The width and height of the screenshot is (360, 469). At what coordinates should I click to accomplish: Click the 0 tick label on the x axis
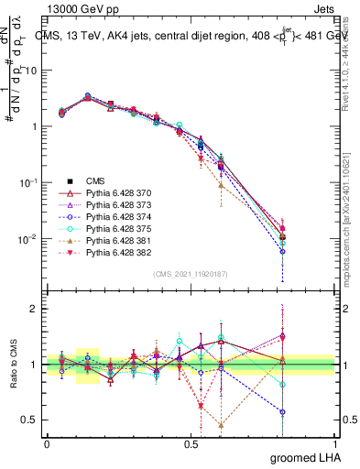pos(47,443)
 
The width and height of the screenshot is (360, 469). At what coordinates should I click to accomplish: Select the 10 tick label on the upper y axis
pos(29,70)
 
